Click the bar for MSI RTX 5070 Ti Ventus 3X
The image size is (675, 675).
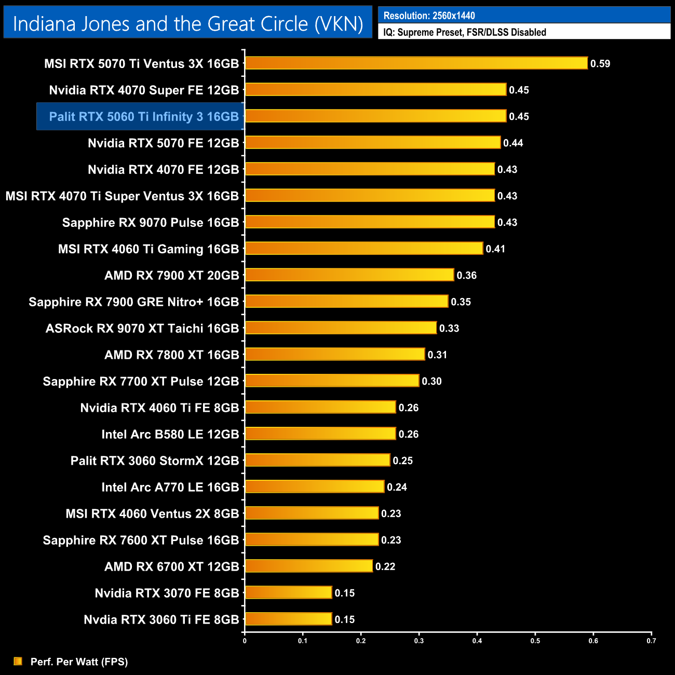(416, 63)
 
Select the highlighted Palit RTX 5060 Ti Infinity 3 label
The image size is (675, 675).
(144, 117)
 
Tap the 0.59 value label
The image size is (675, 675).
(600, 64)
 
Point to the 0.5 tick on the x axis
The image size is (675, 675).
(535, 641)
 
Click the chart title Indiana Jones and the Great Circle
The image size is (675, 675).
(188, 24)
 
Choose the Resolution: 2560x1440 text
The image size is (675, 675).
(429, 16)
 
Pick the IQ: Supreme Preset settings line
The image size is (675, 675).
(465, 32)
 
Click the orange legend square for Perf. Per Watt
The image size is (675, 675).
(18, 661)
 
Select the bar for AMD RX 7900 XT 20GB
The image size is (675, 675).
(349, 275)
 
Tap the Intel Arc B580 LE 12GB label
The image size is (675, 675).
(170, 434)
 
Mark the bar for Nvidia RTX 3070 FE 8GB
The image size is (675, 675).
(288, 592)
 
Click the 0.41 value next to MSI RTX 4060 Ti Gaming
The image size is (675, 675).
(495, 249)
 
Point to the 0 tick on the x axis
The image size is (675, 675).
(245, 641)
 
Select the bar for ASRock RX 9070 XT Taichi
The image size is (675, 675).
(341, 328)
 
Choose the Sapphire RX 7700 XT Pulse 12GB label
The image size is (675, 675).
(141, 382)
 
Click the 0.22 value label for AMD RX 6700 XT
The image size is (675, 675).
(385, 566)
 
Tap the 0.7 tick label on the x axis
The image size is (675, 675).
(651, 641)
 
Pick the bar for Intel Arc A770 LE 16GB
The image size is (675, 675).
(315, 487)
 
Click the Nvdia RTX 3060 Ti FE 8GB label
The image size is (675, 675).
(161, 619)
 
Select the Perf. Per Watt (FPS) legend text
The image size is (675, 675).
(79, 661)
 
